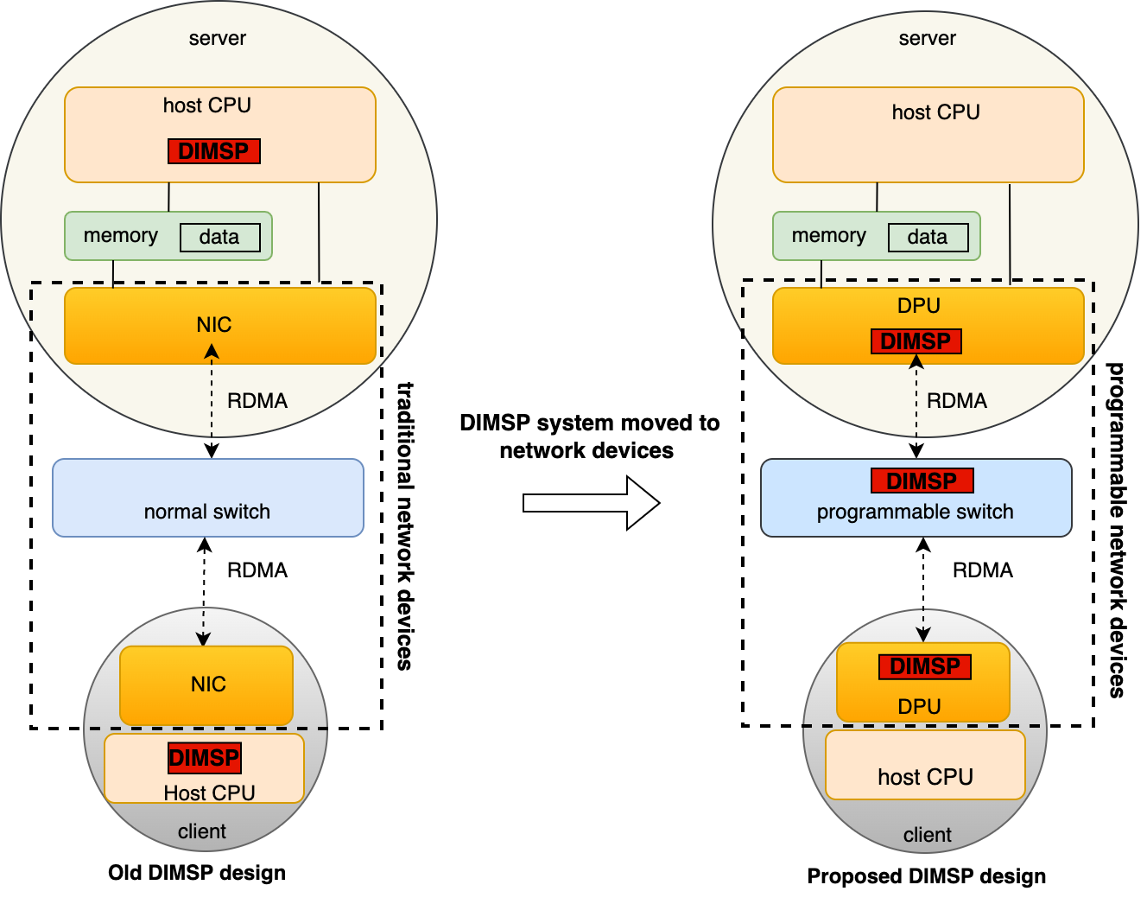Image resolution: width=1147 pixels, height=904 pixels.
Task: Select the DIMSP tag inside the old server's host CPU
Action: [213, 151]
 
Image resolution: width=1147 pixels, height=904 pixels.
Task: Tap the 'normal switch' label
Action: [207, 512]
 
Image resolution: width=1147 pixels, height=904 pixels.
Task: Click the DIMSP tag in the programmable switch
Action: [922, 481]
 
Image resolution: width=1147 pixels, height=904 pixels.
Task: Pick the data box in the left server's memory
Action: [219, 238]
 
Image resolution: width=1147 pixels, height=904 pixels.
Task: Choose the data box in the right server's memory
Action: [928, 238]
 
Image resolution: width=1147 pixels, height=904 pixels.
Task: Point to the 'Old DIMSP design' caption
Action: [197, 873]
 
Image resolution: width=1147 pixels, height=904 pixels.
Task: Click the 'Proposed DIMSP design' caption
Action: [926, 876]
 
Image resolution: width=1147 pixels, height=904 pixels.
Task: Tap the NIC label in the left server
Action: [214, 325]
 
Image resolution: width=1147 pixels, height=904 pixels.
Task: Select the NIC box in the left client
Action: [207, 684]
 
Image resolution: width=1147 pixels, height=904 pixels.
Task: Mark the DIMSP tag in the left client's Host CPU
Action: [204, 758]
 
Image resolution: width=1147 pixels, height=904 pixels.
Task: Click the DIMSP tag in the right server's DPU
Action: [916, 341]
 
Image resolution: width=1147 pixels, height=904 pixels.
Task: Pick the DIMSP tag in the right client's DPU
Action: [925, 666]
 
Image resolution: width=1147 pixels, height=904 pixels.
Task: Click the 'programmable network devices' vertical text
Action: [1117, 529]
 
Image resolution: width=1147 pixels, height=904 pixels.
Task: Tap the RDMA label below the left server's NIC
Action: [257, 401]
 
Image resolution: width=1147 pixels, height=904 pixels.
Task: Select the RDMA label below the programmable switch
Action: [983, 570]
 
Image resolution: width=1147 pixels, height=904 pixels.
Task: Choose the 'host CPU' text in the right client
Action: [925, 778]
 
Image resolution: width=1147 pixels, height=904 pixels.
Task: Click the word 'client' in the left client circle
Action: [202, 831]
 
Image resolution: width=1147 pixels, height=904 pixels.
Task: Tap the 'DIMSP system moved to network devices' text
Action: [589, 436]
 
